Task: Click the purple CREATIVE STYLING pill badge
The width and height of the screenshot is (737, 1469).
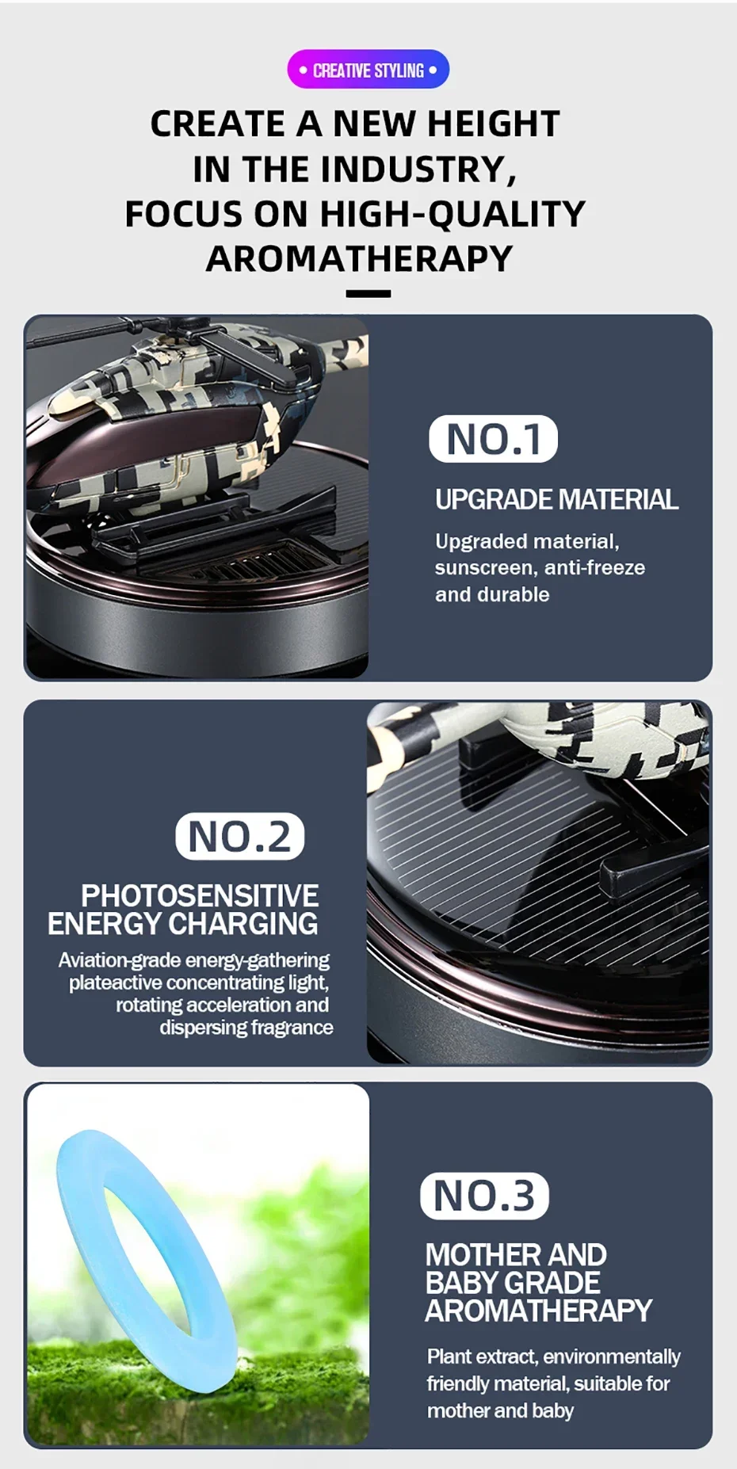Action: point(368,70)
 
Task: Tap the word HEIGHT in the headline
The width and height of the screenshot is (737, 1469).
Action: point(494,124)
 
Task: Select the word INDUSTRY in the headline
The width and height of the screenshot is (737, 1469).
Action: point(418,169)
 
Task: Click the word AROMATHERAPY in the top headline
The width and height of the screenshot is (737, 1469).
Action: point(359,258)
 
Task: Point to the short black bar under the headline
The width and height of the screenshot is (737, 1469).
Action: point(368,294)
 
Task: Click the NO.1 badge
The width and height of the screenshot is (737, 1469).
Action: point(493,439)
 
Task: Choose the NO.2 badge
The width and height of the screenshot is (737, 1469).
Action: point(239,836)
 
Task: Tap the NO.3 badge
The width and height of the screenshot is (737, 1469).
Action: point(484,1196)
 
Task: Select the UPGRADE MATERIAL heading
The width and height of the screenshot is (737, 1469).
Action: point(556,499)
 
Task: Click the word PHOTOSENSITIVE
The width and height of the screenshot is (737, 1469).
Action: point(200,895)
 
